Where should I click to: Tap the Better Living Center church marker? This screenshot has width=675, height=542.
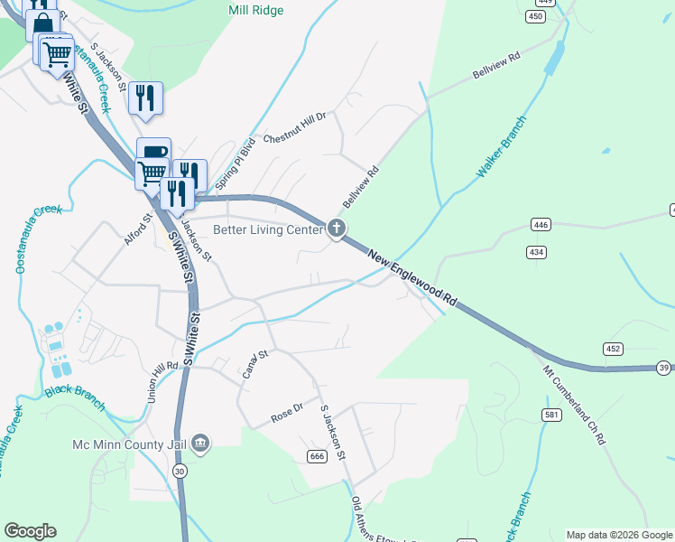coord(337,229)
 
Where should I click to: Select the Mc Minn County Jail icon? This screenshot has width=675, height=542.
coord(201,444)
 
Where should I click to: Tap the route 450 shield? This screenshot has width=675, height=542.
coord(537,17)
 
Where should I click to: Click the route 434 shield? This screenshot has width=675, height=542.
coord(537,252)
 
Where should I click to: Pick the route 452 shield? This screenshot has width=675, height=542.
coord(614,349)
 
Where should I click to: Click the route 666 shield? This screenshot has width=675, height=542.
coord(316,456)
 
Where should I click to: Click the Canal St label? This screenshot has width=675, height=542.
coord(256,365)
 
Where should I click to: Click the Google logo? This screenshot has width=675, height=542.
coord(30,530)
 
